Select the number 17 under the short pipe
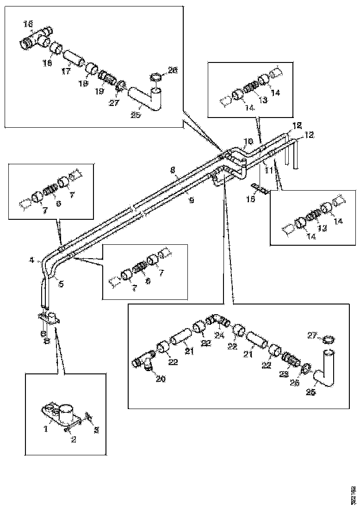click(65, 72)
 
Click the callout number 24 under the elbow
click(219, 335)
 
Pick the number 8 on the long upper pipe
click(172, 170)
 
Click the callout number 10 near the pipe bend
click(248, 140)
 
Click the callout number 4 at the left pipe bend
click(31, 261)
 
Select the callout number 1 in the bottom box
click(45, 429)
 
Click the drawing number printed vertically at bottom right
click(353, 494)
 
